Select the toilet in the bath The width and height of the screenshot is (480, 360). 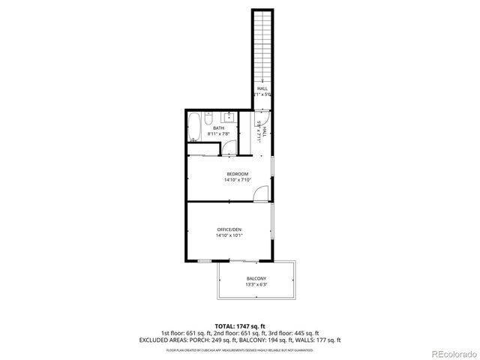coord(210,118)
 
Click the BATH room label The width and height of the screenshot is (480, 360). coord(218,128)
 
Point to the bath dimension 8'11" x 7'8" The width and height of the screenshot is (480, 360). coord(218,134)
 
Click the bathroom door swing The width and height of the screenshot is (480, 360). coord(231,147)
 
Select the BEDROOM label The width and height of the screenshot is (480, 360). coord(237,174)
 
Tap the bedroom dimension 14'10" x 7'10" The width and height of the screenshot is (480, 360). coord(237,180)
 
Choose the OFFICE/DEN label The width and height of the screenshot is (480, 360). coord(229,229)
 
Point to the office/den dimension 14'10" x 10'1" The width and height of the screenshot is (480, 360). coord(229,235)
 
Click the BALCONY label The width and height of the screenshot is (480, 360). coord(256,278)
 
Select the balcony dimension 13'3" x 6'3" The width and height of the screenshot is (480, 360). coord(256,285)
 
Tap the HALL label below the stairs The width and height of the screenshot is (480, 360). coord(262,88)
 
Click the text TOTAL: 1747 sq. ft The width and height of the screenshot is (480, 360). coord(239,326)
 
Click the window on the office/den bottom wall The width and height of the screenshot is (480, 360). coord(205,260)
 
